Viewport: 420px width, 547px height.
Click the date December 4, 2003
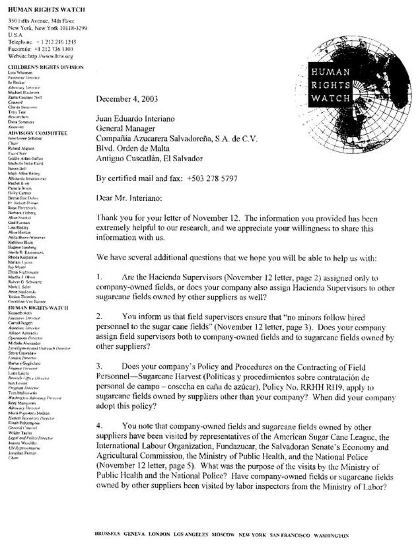click(x=127, y=99)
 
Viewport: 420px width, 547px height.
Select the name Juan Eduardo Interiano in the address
click(x=135, y=119)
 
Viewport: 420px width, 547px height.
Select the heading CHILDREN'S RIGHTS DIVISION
click(x=46, y=67)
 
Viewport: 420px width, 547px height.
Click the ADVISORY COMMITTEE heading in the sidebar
click(x=38, y=133)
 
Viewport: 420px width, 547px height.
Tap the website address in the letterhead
click(x=41, y=56)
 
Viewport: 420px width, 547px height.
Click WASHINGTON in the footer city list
click(x=331, y=535)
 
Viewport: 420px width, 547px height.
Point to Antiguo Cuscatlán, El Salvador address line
click(x=149, y=158)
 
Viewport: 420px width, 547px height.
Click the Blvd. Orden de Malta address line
click(x=133, y=148)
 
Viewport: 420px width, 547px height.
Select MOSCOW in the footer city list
click(x=224, y=535)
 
